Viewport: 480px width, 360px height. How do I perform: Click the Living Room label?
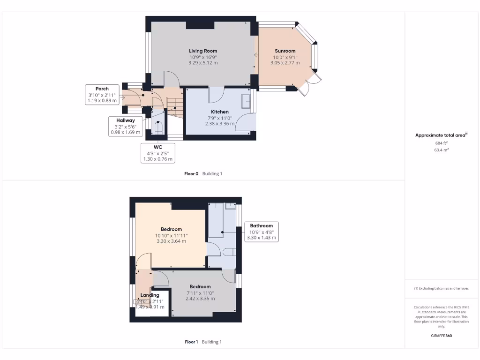click(203, 51)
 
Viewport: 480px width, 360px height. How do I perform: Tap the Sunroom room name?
click(285, 51)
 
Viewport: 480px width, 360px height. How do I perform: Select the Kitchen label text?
click(220, 112)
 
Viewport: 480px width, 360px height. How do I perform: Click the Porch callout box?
click(102, 95)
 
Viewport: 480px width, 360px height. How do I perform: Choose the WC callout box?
click(157, 153)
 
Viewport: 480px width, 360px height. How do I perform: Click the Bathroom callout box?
click(261, 232)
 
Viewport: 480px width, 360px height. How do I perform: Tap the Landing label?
click(150, 295)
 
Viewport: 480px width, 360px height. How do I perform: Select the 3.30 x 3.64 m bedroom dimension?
click(171, 241)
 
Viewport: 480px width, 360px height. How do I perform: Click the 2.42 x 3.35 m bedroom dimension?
click(200, 298)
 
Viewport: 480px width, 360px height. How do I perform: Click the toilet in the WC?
click(158, 128)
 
